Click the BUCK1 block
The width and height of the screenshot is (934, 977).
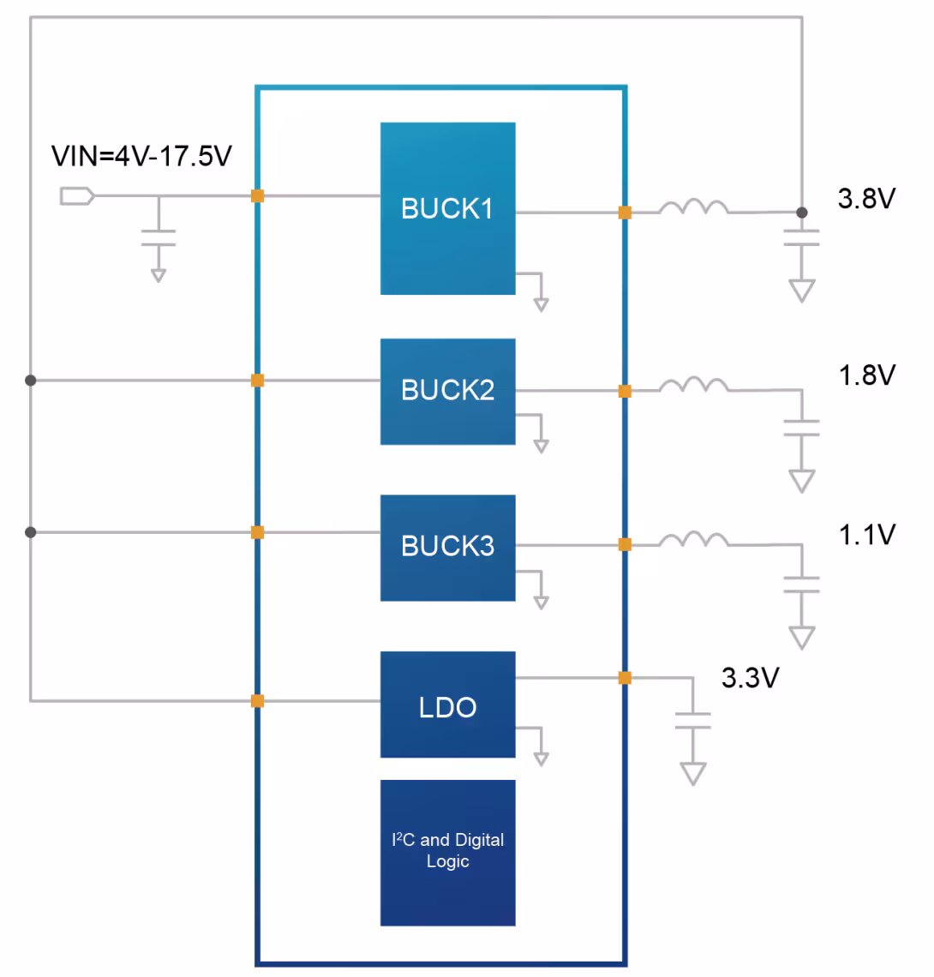click(x=448, y=208)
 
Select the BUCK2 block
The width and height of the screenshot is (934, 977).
click(x=448, y=392)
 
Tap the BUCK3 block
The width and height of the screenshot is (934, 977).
click(x=448, y=548)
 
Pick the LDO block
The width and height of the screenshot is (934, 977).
click(x=448, y=704)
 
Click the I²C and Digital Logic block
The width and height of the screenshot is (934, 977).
click(x=448, y=853)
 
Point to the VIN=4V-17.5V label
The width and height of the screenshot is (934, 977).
click(x=141, y=156)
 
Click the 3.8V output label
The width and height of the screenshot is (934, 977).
click(x=866, y=199)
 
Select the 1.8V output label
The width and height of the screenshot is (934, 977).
click(x=866, y=375)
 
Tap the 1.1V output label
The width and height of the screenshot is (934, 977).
click(x=866, y=535)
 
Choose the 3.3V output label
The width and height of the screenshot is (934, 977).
click(x=750, y=677)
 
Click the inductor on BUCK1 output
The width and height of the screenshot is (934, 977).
click(x=693, y=207)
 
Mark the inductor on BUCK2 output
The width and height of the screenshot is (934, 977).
click(x=693, y=386)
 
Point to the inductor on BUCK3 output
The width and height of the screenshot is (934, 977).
click(x=693, y=540)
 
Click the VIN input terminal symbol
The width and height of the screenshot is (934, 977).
click(x=76, y=195)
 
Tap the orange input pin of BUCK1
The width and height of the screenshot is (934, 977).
click(x=257, y=195)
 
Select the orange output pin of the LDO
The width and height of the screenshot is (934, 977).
click(x=625, y=678)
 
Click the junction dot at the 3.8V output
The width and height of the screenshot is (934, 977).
click(x=802, y=213)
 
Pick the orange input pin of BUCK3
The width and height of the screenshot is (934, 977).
click(x=257, y=532)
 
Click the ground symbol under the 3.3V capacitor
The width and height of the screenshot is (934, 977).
click(x=693, y=774)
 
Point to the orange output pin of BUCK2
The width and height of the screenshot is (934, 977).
click(x=625, y=392)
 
